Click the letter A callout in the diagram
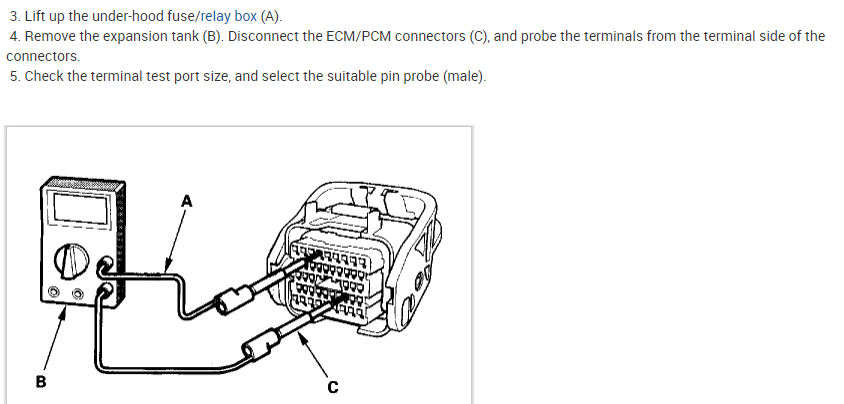tap(186, 200)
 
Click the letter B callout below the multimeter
tap(41, 381)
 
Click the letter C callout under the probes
tap(333, 387)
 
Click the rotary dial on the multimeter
tap(71, 261)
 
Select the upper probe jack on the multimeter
tap(105, 267)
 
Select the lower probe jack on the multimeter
tap(105, 291)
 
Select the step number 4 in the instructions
tap(13, 36)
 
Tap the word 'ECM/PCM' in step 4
tap(354, 36)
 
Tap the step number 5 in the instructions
tap(13, 76)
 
